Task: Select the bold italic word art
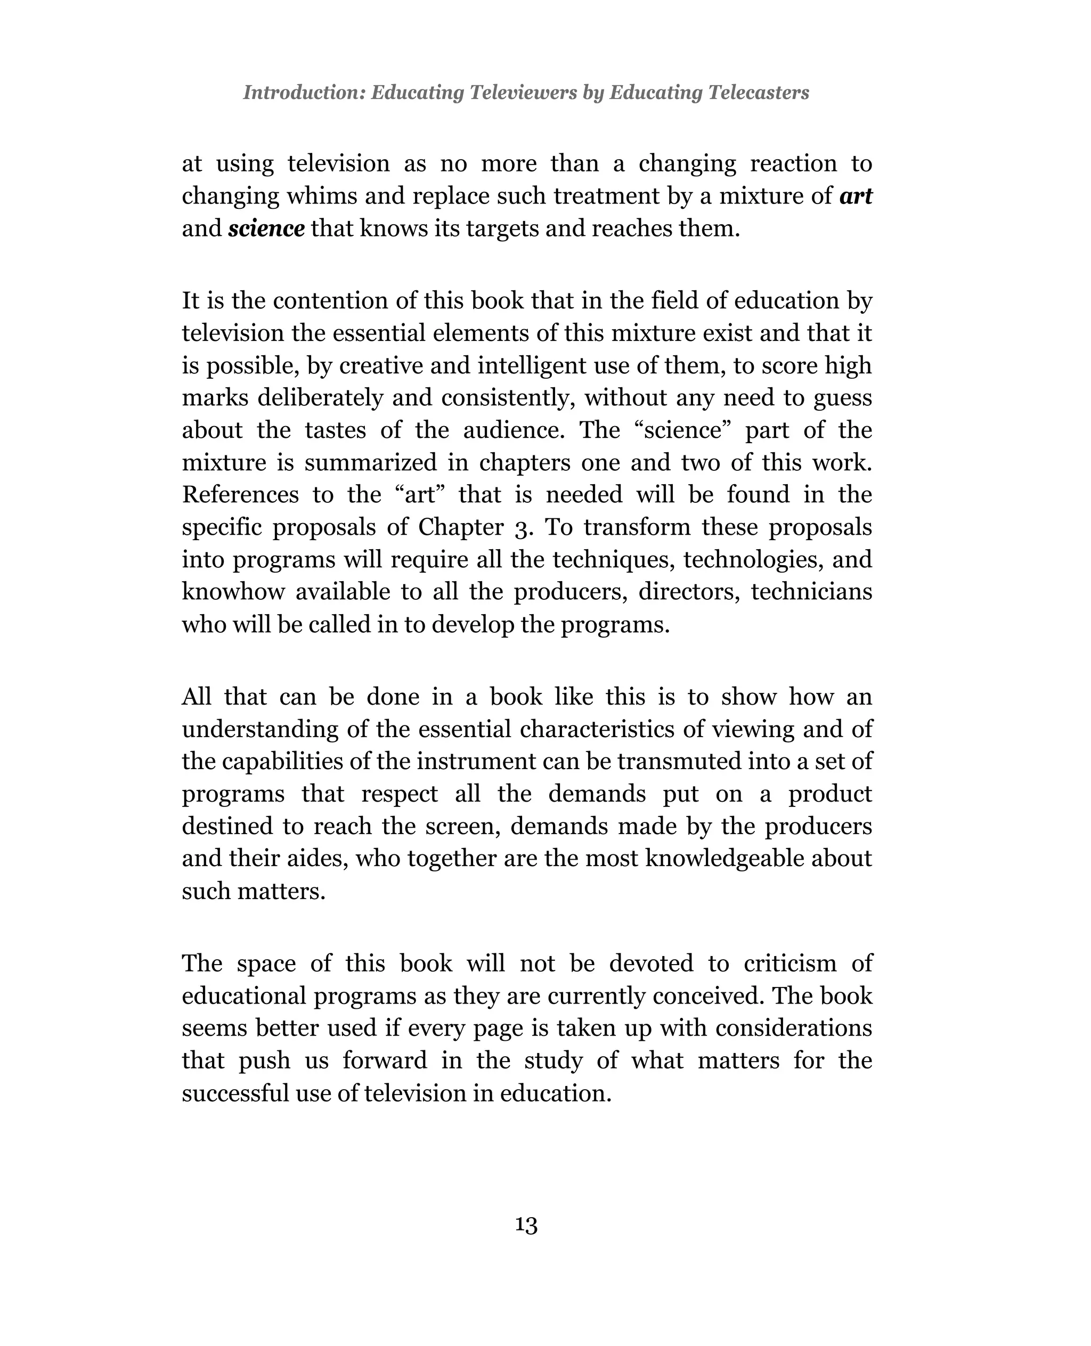click(x=856, y=196)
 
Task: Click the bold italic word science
click(x=266, y=228)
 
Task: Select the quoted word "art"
click(x=420, y=494)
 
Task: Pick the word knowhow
click(x=231, y=592)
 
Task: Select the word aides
click(x=322, y=859)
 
